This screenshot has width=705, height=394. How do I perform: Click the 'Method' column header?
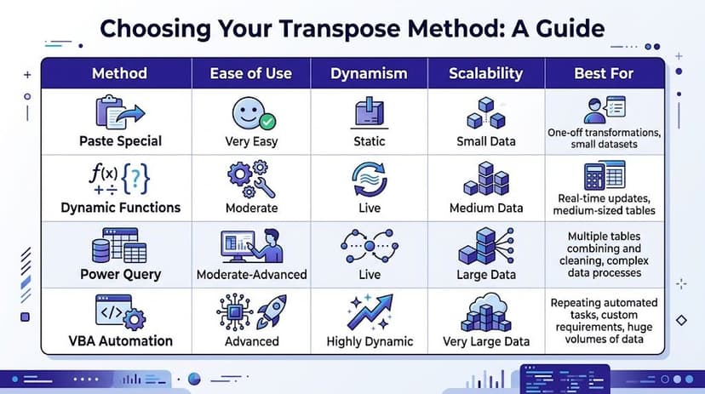(119, 73)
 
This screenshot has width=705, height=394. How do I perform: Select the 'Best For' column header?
(605, 73)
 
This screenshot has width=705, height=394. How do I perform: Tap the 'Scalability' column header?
(485, 73)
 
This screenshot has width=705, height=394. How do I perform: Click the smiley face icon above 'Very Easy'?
(248, 112)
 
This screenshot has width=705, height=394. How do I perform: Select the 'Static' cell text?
(369, 140)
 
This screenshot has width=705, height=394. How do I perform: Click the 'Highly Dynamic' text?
(370, 341)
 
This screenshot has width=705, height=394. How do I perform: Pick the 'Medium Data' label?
(485, 208)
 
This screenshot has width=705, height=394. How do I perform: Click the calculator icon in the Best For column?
(605, 175)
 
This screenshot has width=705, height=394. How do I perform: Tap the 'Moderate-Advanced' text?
(252, 274)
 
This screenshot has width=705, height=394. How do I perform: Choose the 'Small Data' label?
(485, 140)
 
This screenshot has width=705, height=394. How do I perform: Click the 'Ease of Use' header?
(251, 73)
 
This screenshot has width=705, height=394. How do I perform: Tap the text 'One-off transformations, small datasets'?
(604, 138)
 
